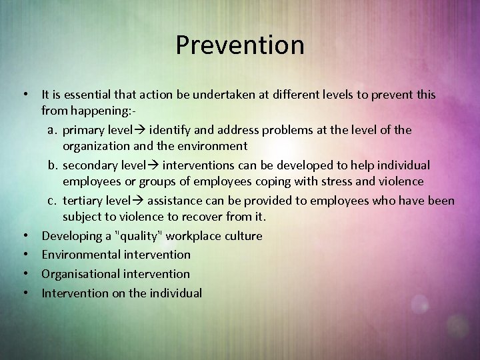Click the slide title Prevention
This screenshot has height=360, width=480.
click(240, 45)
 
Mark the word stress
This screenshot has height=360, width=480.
click(342, 181)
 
